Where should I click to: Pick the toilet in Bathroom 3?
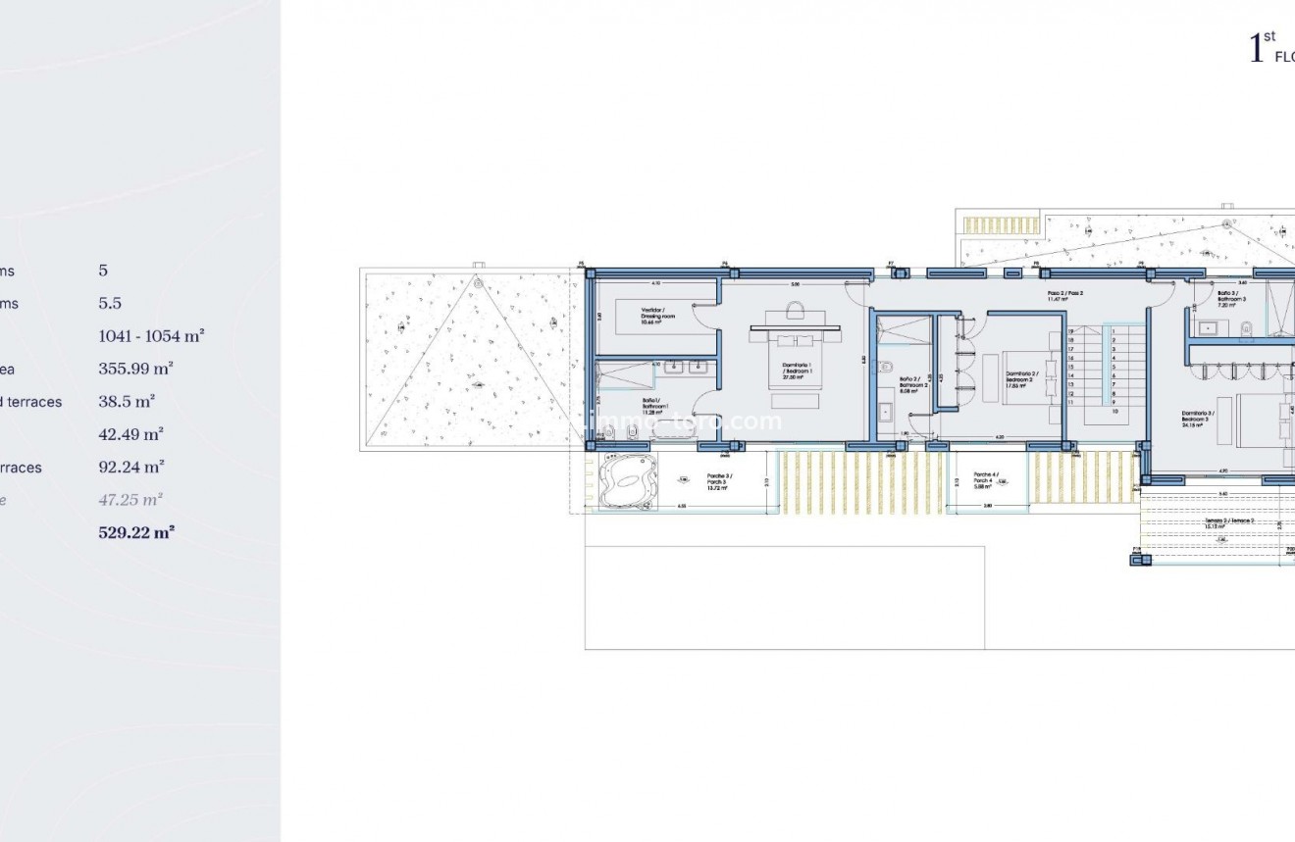1245,327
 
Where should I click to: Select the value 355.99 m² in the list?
136,370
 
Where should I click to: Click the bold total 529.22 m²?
136,533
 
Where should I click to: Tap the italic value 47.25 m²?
130,500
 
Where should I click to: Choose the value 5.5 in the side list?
110,304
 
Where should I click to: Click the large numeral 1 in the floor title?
1256,49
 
